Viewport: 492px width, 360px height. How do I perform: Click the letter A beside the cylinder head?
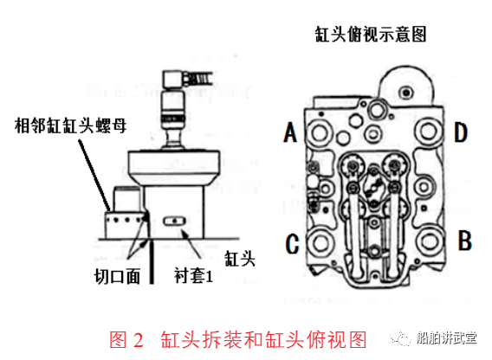289,132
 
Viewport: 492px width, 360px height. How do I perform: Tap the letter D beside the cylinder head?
461,132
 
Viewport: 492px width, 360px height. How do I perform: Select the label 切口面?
113,278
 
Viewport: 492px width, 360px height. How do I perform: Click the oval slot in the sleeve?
176,221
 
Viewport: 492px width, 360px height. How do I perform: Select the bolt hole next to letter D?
429,132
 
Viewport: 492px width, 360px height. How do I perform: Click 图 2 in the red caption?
128,337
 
